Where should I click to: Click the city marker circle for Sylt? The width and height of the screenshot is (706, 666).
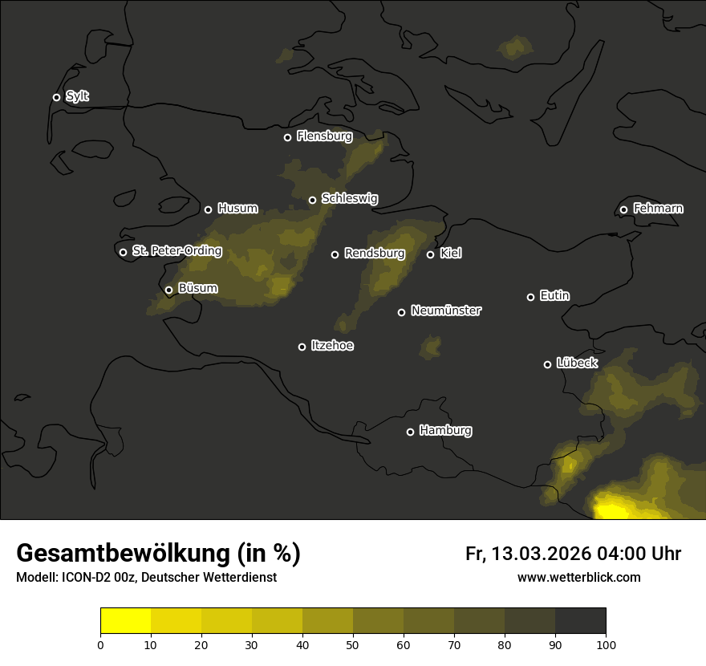pos(56,97)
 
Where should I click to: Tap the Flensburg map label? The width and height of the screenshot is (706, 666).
pos(324,136)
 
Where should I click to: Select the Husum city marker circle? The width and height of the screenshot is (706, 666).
pos(208,209)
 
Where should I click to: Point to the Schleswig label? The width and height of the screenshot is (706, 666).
pos(349,198)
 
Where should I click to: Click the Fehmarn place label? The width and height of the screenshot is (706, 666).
pos(658,209)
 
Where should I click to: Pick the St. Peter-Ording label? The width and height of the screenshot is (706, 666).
pos(176,251)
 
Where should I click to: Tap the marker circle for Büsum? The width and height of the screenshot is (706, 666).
pos(168,290)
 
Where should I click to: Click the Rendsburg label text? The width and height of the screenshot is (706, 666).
pos(374,254)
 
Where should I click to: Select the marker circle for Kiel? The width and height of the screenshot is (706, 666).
pos(430,254)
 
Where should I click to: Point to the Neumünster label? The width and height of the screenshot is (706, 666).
pos(445,311)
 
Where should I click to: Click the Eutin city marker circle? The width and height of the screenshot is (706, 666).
pos(530,297)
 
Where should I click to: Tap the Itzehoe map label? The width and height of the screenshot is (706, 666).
pos(332,346)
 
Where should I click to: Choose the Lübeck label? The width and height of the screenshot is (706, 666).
pos(577,363)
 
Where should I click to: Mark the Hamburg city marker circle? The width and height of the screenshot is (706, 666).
pos(410,432)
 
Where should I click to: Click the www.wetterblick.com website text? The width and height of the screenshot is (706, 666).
pos(578,578)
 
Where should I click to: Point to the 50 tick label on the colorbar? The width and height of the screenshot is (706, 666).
pos(353,644)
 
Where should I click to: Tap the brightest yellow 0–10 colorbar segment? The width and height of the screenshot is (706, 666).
pos(126,621)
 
